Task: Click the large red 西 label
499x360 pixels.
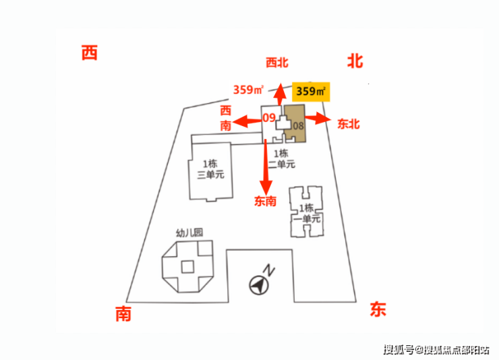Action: [x=90, y=53]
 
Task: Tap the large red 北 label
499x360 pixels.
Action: [x=355, y=61]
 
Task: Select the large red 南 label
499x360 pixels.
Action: [x=123, y=314]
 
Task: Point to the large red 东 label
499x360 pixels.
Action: [x=378, y=309]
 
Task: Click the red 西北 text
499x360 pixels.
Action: [x=277, y=63]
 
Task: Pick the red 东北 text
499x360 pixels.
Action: [x=349, y=124]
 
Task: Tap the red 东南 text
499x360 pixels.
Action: [x=266, y=201]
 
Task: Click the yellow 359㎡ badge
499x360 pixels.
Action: [x=311, y=92]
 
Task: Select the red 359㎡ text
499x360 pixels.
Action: [x=249, y=90]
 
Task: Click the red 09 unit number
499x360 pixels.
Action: [x=269, y=118]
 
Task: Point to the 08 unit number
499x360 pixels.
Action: [x=298, y=126]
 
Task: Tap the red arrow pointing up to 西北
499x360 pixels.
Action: [x=280, y=94]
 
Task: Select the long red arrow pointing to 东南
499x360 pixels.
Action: [x=266, y=167]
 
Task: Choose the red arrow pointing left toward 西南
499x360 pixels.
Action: [x=247, y=121]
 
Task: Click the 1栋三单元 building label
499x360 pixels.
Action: [x=210, y=169]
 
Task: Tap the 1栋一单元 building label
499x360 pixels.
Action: [x=307, y=214]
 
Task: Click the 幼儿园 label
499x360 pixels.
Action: [x=189, y=233]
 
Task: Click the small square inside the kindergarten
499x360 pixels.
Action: [x=187, y=267]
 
